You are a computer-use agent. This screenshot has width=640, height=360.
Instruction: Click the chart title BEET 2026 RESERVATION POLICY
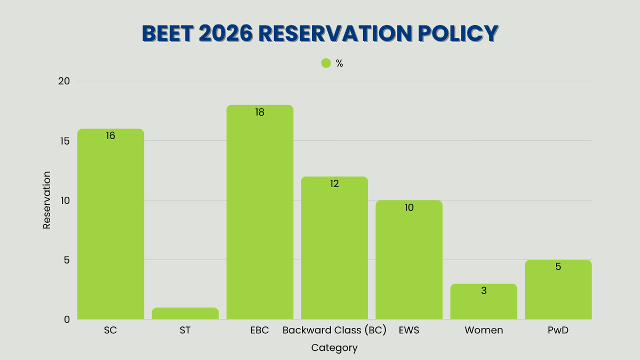pyautogui.click(x=320, y=34)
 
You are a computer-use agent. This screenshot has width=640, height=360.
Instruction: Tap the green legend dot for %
pyautogui.click(x=326, y=63)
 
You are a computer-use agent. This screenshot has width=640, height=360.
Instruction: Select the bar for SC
pyautogui.click(x=110, y=224)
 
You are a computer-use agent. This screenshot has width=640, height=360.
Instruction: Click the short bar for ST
pyautogui.click(x=185, y=314)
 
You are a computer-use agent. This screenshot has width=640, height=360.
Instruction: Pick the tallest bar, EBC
pyautogui.click(x=260, y=213)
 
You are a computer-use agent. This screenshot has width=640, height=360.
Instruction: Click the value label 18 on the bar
pyautogui.click(x=260, y=113)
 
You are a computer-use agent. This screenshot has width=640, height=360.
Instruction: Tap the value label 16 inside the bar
pyautogui.click(x=110, y=136)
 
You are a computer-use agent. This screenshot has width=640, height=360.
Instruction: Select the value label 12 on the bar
pyautogui.click(x=334, y=184)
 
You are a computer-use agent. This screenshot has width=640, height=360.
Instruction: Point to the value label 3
pyautogui.click(x=484, y=291)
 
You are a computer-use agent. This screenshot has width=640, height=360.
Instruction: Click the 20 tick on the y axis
pyautogui.click(x=64, y=81)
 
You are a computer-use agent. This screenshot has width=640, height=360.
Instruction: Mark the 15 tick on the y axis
pyautogui.click(x=64, y=141)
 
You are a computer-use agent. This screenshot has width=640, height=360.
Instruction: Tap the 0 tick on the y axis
pyautogui.click(x=67, y=319)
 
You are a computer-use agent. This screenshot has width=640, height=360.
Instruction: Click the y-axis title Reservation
pyautogui.click(x=47, y=200)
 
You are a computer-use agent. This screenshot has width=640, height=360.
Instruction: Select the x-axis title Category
pyautogui.click(x=334, y=348)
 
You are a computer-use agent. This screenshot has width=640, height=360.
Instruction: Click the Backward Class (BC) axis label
pyautogui.click(x=334, y=330)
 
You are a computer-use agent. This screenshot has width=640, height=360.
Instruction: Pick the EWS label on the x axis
pyautogui.click(x=409, y=330)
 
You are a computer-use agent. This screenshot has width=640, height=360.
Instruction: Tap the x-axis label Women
pyautogui.click(x=484, y=330)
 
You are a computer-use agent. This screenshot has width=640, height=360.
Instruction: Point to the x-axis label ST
pyautogui.click(x=185, y=330)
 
